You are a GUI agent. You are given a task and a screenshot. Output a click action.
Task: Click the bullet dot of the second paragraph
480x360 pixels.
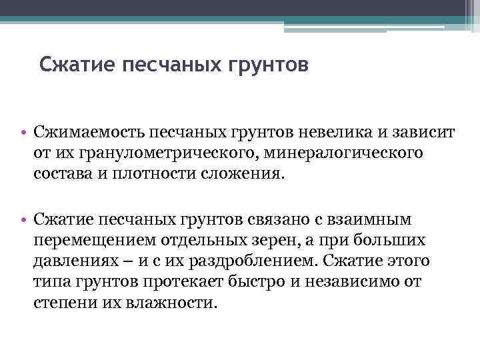[x=23, y=219]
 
